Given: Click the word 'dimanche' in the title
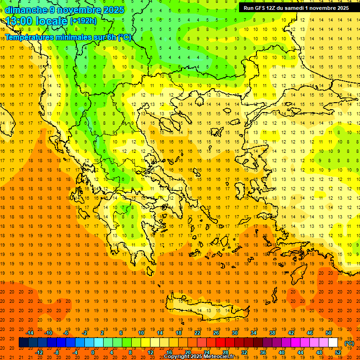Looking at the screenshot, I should pos(26,10).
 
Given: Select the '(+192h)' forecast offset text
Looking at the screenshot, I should pos(83,21).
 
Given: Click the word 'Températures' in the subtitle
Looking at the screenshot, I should pos(29,37).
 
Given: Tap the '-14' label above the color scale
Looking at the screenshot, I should pos(30,333).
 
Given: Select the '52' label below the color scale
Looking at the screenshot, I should pos(338,352).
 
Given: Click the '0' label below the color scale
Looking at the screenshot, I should pos(92,352).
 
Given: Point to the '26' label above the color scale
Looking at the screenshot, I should pos(217,333).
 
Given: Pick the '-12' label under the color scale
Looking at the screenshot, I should pos(39,352).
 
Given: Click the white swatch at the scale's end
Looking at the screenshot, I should pos(333,343).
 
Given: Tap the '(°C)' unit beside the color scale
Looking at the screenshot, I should pos(349,343).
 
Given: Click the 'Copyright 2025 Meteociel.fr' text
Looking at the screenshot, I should pos(199,357).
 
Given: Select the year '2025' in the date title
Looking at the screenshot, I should pos(113,10).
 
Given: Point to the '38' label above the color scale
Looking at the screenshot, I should pos(272,333).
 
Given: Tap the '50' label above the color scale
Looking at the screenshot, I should pos(329,333).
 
